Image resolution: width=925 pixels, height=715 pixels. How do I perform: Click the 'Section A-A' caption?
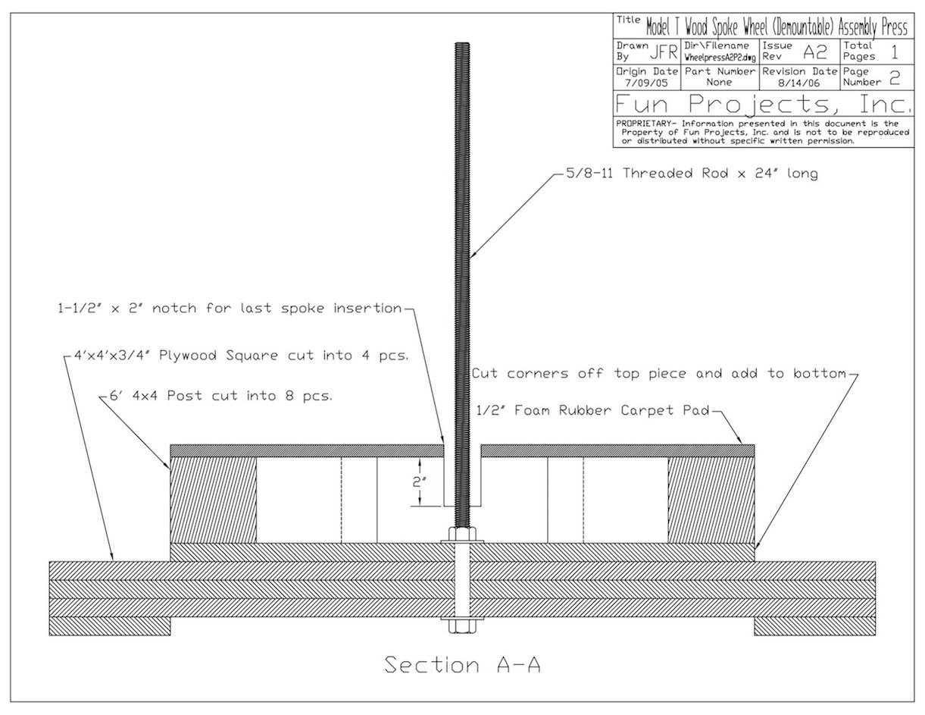(x=462, y=665)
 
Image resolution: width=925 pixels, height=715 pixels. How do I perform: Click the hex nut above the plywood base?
(x=461, y=535)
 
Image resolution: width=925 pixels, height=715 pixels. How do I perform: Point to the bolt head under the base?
(x=461, y=626)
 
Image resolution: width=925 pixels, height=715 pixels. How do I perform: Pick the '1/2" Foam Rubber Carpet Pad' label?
(x=591, y=411)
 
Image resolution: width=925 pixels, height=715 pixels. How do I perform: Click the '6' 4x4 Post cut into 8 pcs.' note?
(x=217, y=396)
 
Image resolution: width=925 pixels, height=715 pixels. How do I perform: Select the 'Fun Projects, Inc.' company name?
(x=761, y=103)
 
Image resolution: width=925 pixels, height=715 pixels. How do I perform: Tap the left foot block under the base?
(x=111, y=626)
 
